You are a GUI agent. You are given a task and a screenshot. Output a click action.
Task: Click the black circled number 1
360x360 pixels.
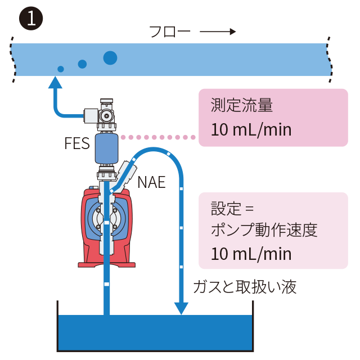(x=31, y=19)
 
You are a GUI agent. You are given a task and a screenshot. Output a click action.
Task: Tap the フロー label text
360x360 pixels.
(x=170, y=31)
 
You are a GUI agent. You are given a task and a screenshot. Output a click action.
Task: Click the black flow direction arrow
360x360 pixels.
(x=218, y=31)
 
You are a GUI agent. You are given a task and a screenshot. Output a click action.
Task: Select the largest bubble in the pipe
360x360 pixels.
(x=110, y=57)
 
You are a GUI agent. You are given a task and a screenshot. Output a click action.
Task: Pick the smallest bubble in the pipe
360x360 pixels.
(x=61, y=69)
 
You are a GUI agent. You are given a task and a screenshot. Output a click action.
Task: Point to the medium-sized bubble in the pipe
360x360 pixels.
(x=82, y=64)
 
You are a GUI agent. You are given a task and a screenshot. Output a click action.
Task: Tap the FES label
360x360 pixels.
(x=77, y=143)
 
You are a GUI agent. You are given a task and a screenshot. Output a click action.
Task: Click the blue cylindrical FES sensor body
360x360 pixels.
(x=106, y=148)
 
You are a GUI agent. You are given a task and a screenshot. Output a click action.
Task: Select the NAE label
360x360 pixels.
(x=151, y=182)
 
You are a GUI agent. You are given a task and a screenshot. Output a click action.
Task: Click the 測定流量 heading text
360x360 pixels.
(x=242, y=105)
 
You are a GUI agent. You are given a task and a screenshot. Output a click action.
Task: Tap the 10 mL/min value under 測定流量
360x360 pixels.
(x=251, y=130)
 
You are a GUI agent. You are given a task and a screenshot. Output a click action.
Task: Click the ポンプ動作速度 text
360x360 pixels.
(x=264, y=230)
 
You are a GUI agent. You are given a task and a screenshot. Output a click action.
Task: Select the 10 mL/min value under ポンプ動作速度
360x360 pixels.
(x=251, y=254)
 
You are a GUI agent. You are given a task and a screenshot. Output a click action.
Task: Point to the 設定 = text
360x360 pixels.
(x=232, y=209)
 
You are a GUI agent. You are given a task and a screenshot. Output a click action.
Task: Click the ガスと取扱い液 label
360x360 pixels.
(x=245, y=287)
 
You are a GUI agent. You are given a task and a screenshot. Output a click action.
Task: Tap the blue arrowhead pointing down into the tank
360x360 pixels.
(x=181, y=308)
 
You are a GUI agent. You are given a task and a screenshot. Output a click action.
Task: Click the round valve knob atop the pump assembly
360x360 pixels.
(x=106, y=115)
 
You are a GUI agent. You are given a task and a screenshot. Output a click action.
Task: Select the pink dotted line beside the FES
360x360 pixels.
(x=158, y=137)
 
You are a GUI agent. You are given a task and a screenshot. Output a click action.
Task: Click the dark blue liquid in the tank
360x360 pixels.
(x=155, y=332)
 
